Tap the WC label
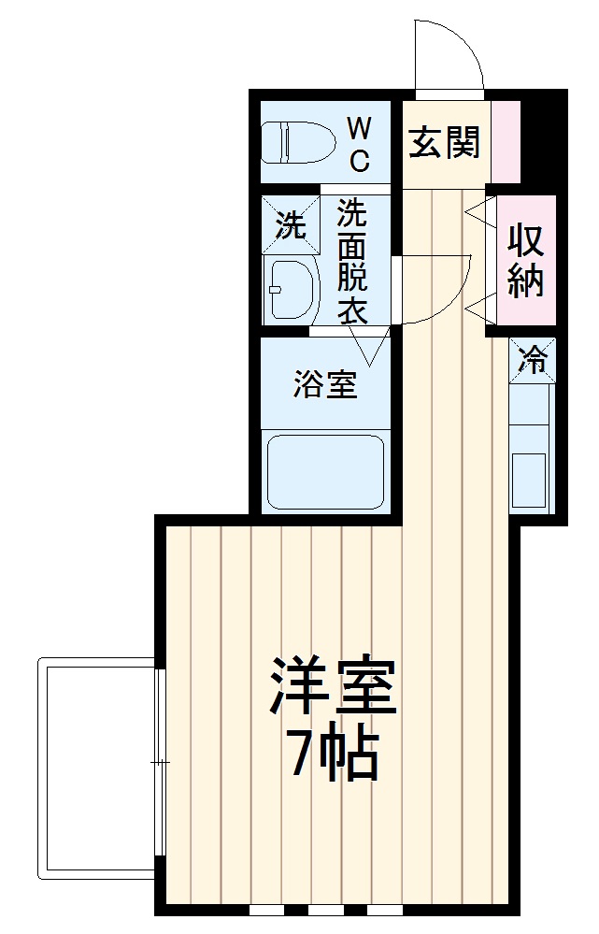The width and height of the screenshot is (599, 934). [x=360, y=143]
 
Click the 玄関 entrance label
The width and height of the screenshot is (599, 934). [x=444, y=142]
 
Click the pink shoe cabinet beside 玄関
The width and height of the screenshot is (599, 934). [x=505, y=141]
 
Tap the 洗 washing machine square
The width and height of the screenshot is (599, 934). [x=290, y=224]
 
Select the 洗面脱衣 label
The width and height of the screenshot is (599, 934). [x=352, y=261]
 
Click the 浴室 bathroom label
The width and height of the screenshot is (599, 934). [x=325, y=383]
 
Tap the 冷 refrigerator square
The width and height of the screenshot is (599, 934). [x=533, y=360]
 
